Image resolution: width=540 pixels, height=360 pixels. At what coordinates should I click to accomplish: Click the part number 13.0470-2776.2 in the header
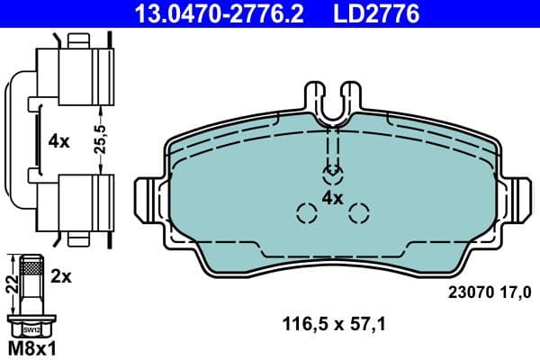click(x=205, y=13)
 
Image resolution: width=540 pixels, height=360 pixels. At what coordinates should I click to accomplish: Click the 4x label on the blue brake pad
click(x=333, y=198)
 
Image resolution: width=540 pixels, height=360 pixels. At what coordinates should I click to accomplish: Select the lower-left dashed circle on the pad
click(x=306, y=213)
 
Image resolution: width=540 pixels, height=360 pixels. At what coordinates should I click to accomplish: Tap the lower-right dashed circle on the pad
click(x=359, y=213)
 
